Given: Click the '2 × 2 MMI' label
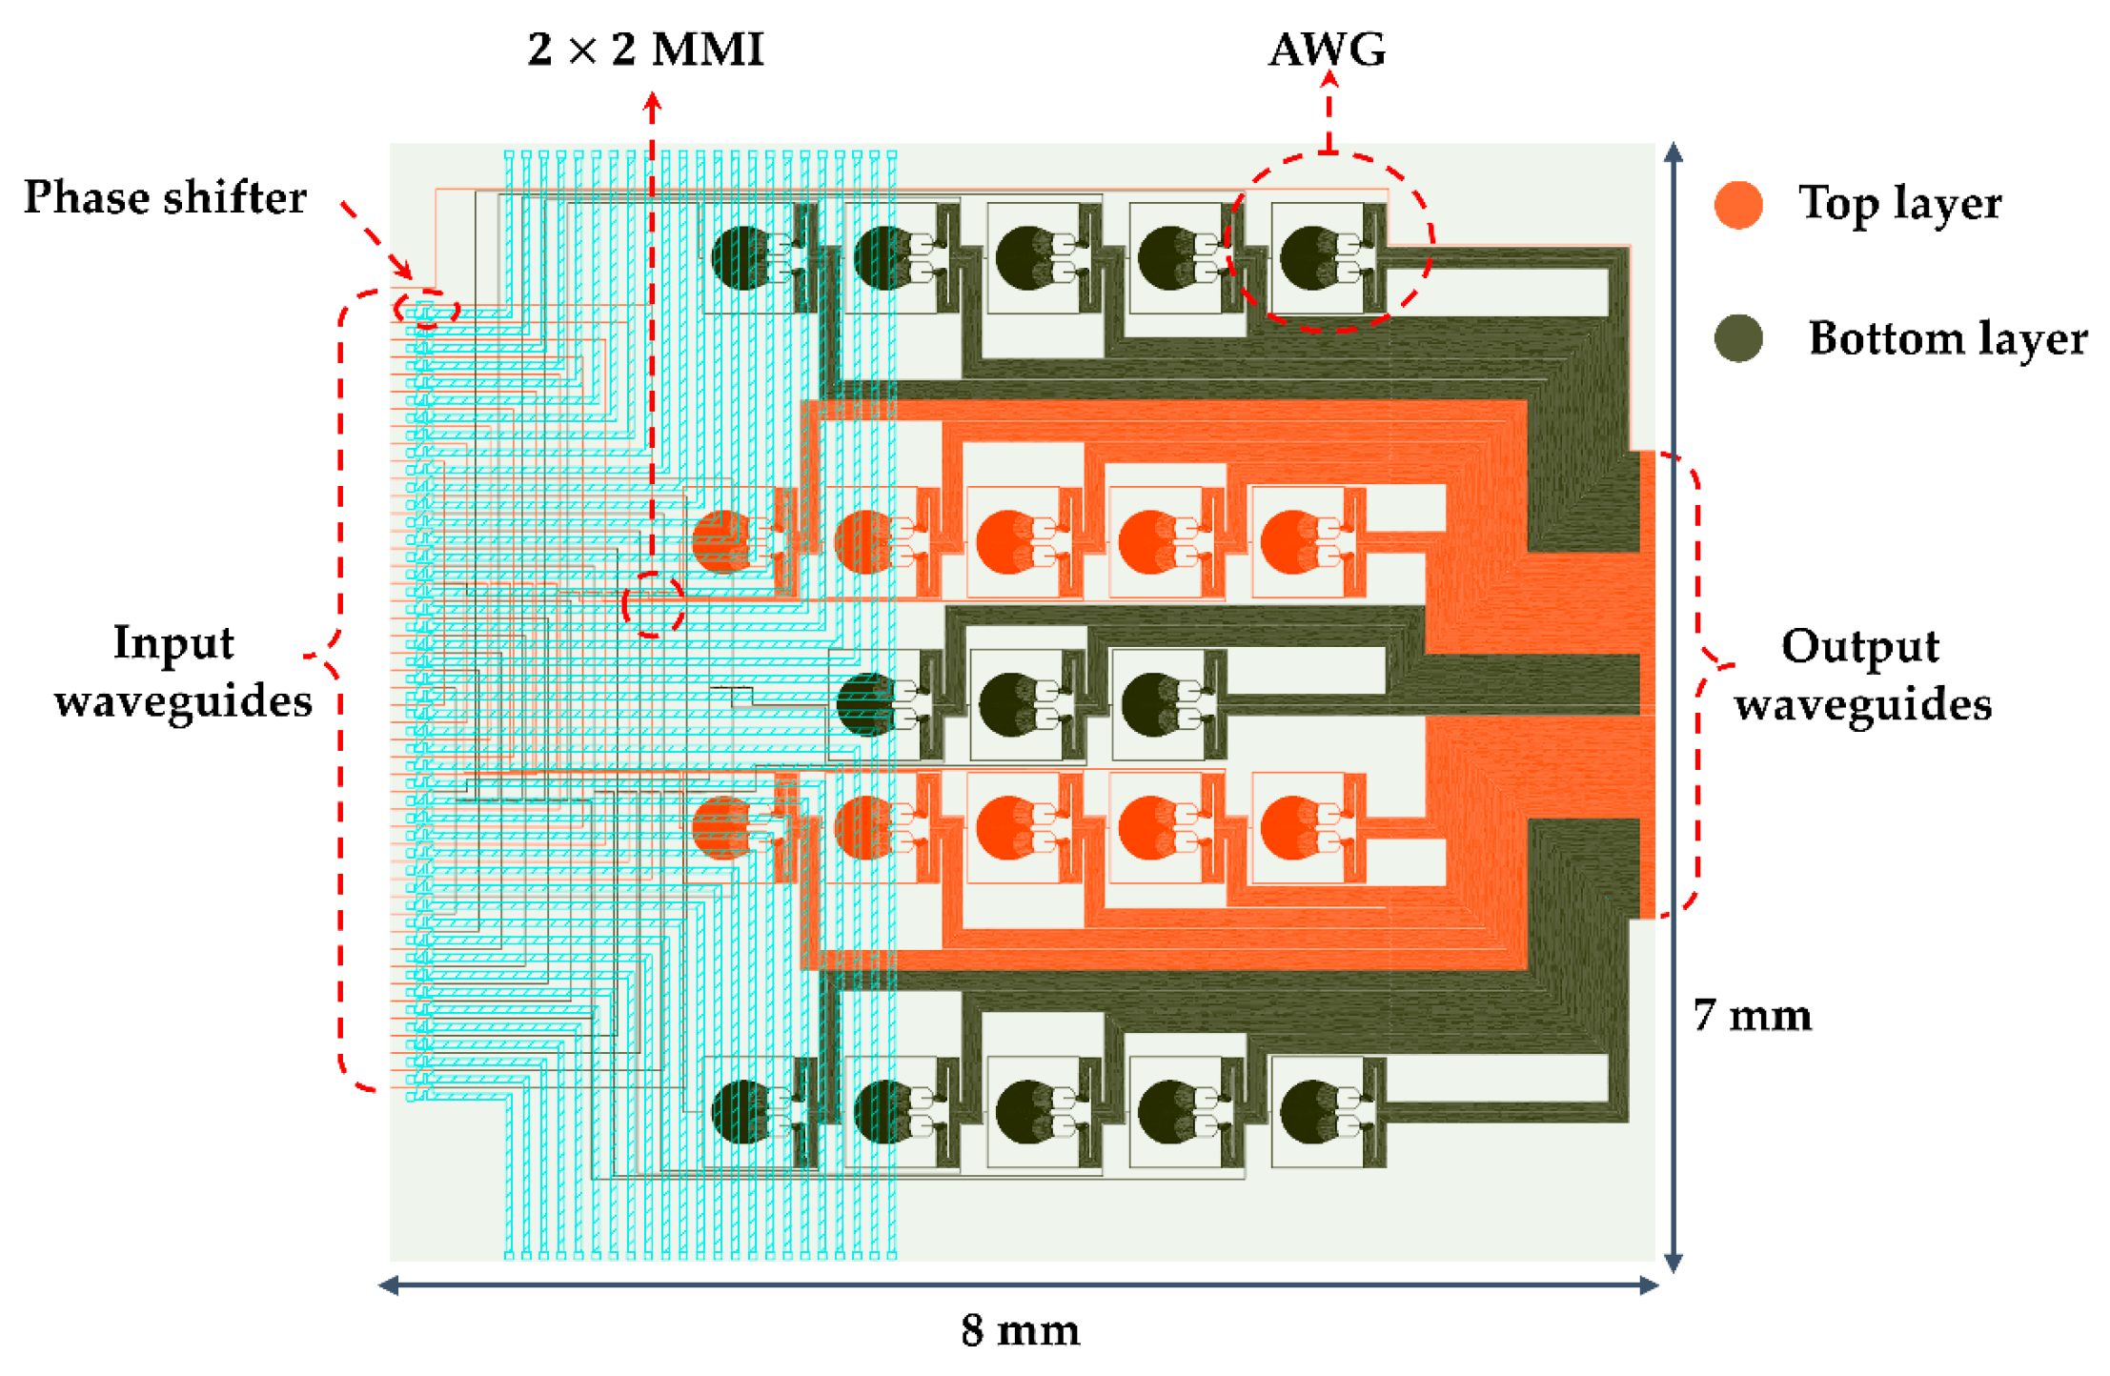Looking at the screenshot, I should (645, 50).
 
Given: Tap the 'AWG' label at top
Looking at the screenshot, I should (1327, 50).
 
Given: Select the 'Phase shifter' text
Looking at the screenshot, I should (165, 198).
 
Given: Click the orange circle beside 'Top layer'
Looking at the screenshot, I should (1737, 205).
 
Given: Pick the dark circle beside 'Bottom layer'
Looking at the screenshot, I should (1737, 338).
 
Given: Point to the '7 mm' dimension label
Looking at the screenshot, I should (1752, 1016).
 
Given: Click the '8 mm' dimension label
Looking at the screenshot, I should (1020, 1330).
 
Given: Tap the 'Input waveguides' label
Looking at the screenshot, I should (181, 672).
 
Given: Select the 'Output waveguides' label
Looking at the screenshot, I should (1861, 675).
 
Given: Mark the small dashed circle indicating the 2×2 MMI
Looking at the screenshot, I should (653, 604).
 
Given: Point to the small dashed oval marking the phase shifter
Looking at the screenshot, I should (426, 310).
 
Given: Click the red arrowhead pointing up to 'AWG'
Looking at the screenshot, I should (1329, 79).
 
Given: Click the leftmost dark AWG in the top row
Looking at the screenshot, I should (743, 258).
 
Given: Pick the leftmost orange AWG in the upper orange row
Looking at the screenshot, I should (724, 541).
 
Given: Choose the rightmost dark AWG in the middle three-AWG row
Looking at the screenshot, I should (1155, 704).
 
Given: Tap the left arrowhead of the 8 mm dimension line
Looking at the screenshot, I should (387, 1286).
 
